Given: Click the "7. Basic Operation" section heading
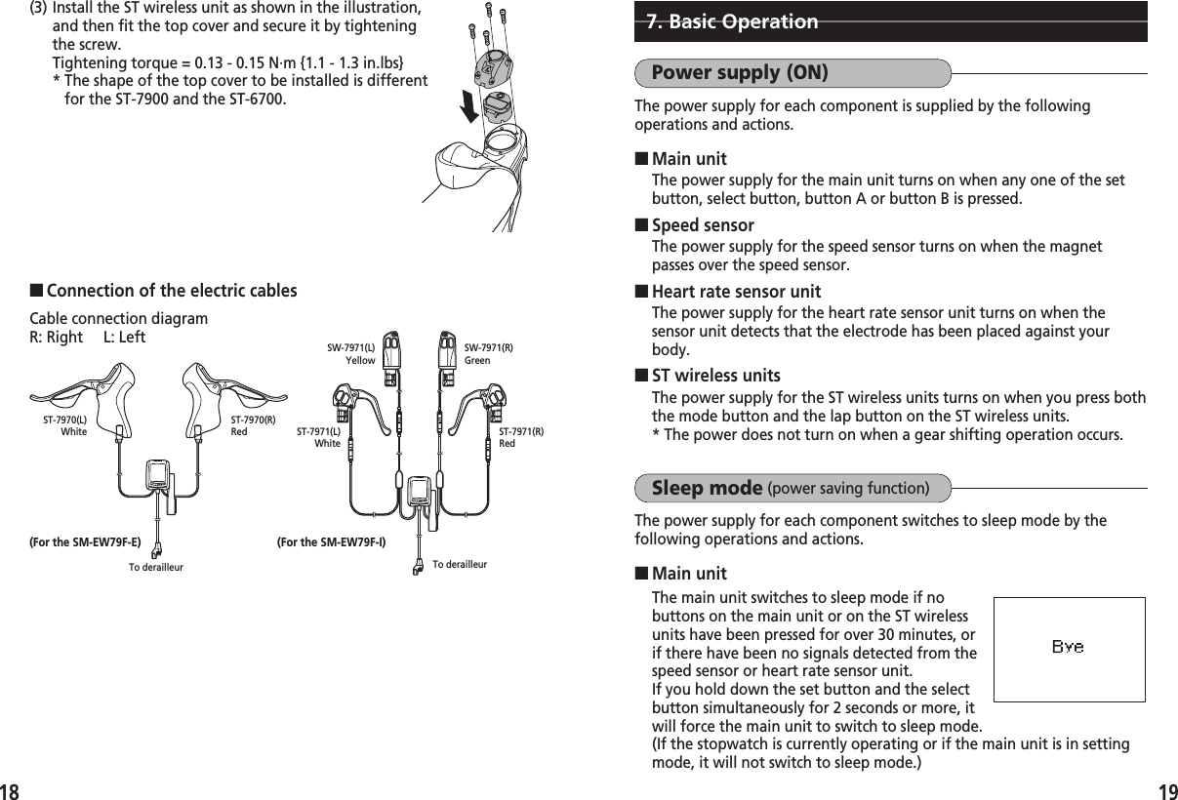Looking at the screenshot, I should tap(732, 21).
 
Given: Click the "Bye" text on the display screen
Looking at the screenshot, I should tap(1067, 647).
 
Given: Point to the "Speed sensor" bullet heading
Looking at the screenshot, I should tap(702, 226).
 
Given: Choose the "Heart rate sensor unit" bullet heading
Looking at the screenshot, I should tap(735, 292).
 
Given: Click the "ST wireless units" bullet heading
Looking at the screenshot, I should tap(714, 377).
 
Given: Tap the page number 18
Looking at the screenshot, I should tap(11, 787).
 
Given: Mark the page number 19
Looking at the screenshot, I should tap(1165, 787).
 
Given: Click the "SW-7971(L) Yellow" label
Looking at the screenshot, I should tap(350, 353).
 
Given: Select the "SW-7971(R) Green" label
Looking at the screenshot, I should tap(488, 353).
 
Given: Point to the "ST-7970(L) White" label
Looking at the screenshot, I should tap(65, 425).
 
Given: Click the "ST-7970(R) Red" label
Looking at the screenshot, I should tap(253, 425).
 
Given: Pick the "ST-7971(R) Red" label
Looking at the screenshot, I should tap(520, 437).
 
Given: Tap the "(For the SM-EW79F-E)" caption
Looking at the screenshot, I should tap(85, 541).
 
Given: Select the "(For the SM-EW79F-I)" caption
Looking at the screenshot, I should tap(331, 541).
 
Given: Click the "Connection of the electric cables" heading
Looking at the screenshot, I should tap(172, 292).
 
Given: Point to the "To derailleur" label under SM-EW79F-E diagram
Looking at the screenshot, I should tap(155, 567).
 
